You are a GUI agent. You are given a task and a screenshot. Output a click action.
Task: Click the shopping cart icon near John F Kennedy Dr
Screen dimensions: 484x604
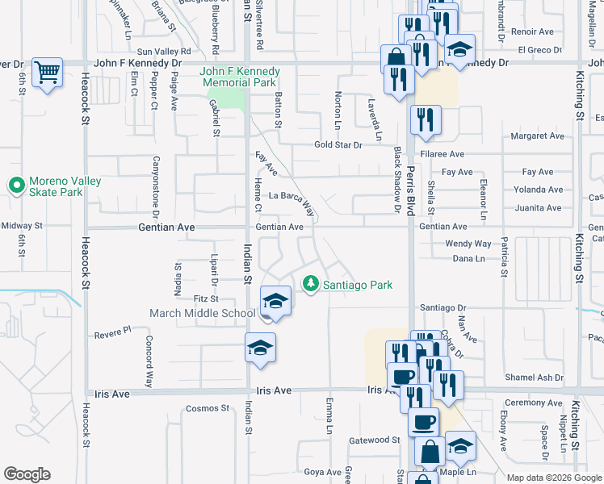(x=48, y=73)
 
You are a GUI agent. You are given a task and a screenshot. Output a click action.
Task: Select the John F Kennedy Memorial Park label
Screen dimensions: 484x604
(x=238, y=77)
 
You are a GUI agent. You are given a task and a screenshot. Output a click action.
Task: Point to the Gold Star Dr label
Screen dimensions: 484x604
(x=338, y=145)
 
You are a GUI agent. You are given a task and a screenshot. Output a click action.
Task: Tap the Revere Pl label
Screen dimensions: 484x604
(x=112, y=332)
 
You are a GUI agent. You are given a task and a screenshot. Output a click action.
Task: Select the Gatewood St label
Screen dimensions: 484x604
(x=374, y=440)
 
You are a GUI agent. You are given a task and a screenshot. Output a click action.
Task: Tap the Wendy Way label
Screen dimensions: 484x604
(x=468, y=244)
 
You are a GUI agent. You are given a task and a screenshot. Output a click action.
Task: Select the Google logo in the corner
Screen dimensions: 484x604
(x=27, y=474)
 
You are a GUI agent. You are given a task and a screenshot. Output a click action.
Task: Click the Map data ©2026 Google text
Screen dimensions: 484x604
(x=554, y=478)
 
